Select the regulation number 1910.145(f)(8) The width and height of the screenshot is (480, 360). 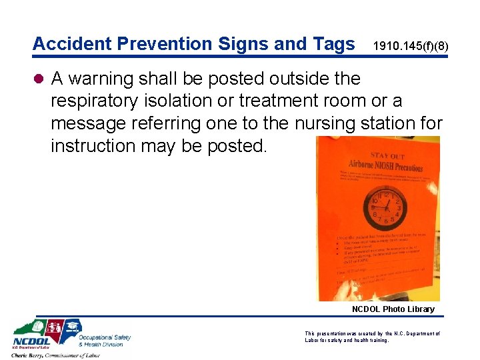click(411, 47)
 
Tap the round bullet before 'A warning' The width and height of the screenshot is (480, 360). click(39, 79)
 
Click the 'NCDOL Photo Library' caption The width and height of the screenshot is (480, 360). click(393, 309)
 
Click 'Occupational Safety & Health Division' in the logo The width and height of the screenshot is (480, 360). click(105, 341)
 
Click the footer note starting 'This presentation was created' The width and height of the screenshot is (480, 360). click(372, 337)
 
